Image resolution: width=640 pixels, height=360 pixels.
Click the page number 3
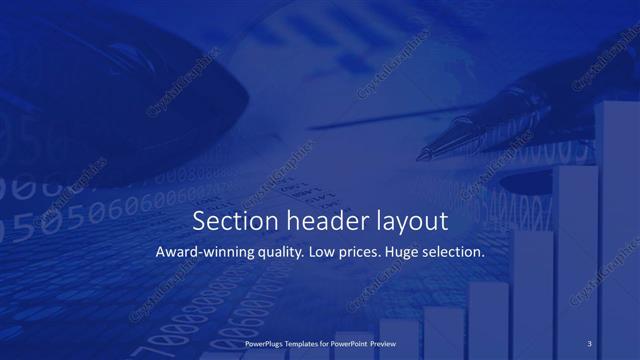(590, 343)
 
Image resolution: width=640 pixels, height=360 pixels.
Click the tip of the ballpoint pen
(421, 156)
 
